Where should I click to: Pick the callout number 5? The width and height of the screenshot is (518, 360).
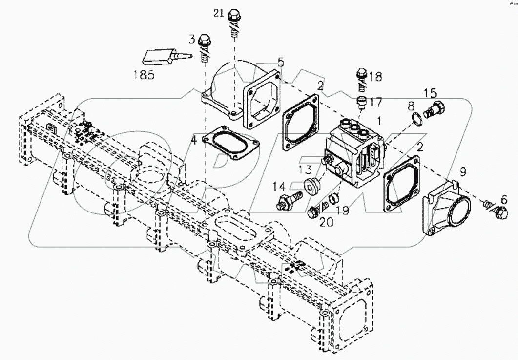click(281, 62)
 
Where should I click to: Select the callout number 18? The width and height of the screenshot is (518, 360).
click(375, 77)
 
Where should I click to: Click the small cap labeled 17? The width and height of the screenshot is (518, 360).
click(362, 102)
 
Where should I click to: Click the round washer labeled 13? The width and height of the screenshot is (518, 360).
click(311, 186)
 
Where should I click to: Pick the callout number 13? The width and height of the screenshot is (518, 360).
click(305, 169)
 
